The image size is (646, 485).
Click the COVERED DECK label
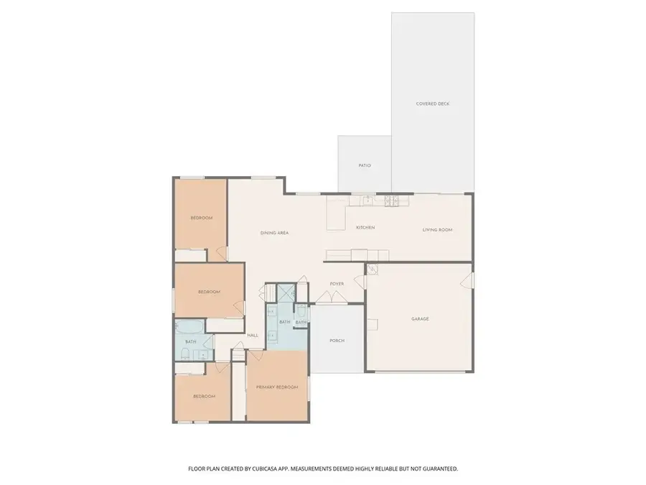click(x=432, y=104)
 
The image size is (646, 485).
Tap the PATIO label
click(x=365, y=165)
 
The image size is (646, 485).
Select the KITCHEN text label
click(x=365, y=228)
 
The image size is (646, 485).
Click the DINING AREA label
click(x=274, y=233)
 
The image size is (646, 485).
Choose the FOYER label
click(x=337, y=284)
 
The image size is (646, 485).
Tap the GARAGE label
click(x=420, y=318)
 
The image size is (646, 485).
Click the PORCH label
click(x=337, y=340)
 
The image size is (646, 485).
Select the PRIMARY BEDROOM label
click(x=277, y=387)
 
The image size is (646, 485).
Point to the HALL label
click(x=253, y=336)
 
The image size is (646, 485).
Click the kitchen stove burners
click(x=391, y=200)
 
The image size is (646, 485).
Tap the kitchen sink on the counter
click(x=367, y=200)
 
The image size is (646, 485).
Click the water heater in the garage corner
click(x=372, y=269)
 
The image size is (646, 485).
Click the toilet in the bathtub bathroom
click(x=185, y=353)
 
